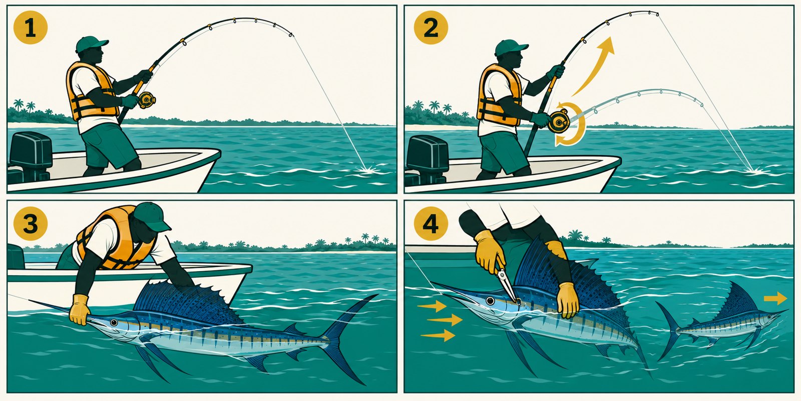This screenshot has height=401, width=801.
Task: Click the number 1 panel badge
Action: [x=31, y=27]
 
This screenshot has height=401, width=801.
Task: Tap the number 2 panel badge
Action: [x=431, y=27]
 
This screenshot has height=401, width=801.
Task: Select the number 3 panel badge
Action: [x=31, y=224]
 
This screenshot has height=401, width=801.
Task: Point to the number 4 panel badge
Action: [x=431, y=224]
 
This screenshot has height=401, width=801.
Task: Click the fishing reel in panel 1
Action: [x=147, y=100]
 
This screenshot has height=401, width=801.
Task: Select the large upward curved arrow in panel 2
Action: [x=594, y=66]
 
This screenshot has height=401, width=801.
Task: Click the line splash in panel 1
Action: [x=368, y=169]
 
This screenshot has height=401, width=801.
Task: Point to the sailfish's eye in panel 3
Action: [x=114, y=323]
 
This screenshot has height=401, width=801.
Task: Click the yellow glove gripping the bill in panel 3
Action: [x=80, y=309]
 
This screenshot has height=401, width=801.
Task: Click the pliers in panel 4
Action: [x=507, y=285]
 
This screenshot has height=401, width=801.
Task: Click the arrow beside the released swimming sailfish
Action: [x=775, y=298]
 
